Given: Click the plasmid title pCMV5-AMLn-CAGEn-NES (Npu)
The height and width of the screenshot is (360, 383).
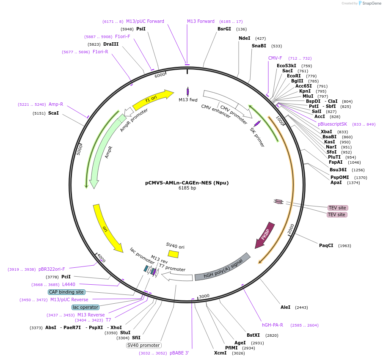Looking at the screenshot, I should tap(187, 183).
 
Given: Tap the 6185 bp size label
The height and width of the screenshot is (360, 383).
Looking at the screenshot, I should tap(187, 188).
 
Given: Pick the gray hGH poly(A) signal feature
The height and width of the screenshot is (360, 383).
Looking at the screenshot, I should tap(222, 267).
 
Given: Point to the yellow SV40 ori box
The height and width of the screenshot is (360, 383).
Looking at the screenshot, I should tap(173, 253).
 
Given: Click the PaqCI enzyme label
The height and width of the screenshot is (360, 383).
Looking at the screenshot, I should tap(326, 245).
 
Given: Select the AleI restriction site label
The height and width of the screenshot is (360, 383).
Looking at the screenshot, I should tap(285, 307).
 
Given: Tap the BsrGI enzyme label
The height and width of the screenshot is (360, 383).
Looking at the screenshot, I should tap(224, 29).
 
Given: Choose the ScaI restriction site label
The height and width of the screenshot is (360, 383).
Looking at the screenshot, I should tap(53, 113).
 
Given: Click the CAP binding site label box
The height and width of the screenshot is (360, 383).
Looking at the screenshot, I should tap(66, 292).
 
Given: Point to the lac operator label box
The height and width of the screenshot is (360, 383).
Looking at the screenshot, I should tap(85, 307).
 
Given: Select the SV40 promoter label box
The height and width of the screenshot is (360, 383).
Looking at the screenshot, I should tap(143, 345).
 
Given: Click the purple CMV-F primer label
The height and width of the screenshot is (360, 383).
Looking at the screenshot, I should tap(275, 58).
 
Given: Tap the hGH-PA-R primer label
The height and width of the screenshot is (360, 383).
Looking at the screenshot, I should tap(273, 325).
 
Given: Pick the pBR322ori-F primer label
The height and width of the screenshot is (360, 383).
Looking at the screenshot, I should tap(52, 269).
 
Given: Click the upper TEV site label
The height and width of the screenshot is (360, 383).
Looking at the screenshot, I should tap(337, 208).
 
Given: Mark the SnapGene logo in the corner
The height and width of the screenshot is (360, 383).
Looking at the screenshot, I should tap(368, 3).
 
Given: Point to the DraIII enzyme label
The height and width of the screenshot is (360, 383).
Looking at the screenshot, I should tap(111, 44).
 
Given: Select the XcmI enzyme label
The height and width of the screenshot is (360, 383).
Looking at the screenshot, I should tap(220, 353).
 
